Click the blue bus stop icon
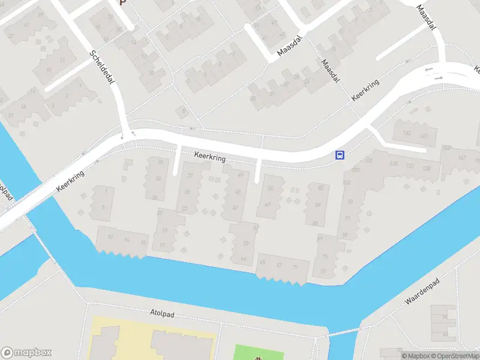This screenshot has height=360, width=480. click(x=340, y=155)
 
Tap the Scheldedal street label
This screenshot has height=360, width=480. click(x=102, y=67)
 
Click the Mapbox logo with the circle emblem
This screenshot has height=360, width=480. click(x=26, y=353)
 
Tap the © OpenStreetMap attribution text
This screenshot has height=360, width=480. click(x=454, y=356)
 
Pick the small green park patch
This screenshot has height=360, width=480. click(x=258, y=353)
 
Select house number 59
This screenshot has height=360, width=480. click(x=245, y=243)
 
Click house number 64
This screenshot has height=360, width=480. click(x=243, y=258)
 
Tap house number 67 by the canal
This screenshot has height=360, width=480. click(x=279, y=265)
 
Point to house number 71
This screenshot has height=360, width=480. click(x=295, y=266)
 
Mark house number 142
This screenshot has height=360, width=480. click(x=407, y=133)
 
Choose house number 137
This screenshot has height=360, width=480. click(x=423, y=136)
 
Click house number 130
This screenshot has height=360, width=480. click(x=394, y=164)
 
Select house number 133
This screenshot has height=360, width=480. click(x=410, y=166)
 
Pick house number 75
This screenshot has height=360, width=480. click(x=325, y=257)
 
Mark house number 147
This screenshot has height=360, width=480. click(x=461, y=158)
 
